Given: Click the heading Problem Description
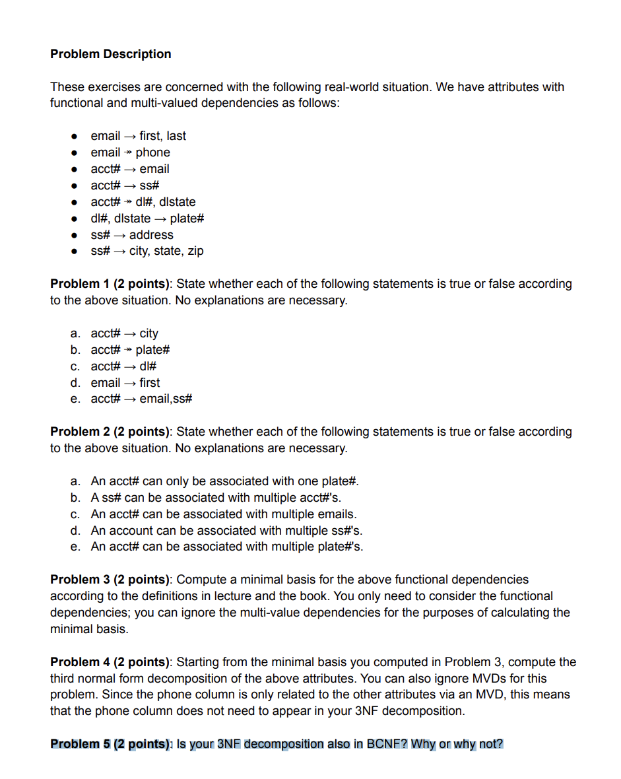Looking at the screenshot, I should click(110, 54).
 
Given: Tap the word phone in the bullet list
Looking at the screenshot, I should click(152, 152).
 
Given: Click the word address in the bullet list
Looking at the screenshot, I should click(151, 235).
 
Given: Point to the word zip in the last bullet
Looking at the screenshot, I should click(195, 251).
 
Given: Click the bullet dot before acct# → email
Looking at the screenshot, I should click(76, 169).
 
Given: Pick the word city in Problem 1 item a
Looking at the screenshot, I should click(148, 333).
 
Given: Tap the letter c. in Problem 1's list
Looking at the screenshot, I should click(76, 366).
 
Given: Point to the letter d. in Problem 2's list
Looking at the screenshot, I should click(76, 531).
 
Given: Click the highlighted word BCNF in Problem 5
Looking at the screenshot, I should click(387, 744).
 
